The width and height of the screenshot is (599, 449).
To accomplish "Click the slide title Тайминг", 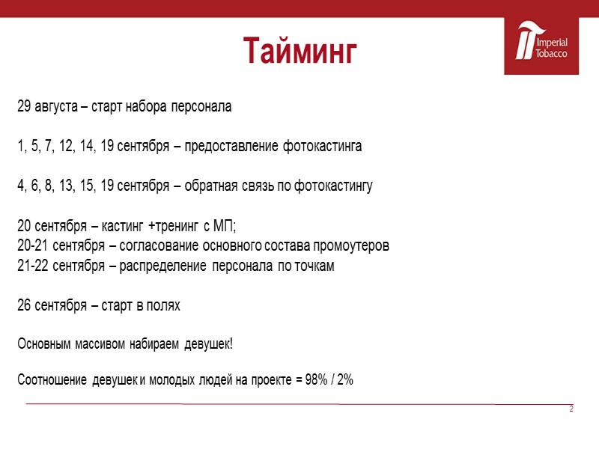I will [x=299, y=50].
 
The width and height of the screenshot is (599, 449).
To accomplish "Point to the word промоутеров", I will [x=350, y=246].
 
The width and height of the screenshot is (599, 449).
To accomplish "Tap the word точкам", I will [x=315, y=266].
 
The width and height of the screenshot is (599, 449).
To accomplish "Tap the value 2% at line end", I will [x=344, y=380].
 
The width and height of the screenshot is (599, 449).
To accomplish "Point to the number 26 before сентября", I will [x=25, y=306].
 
